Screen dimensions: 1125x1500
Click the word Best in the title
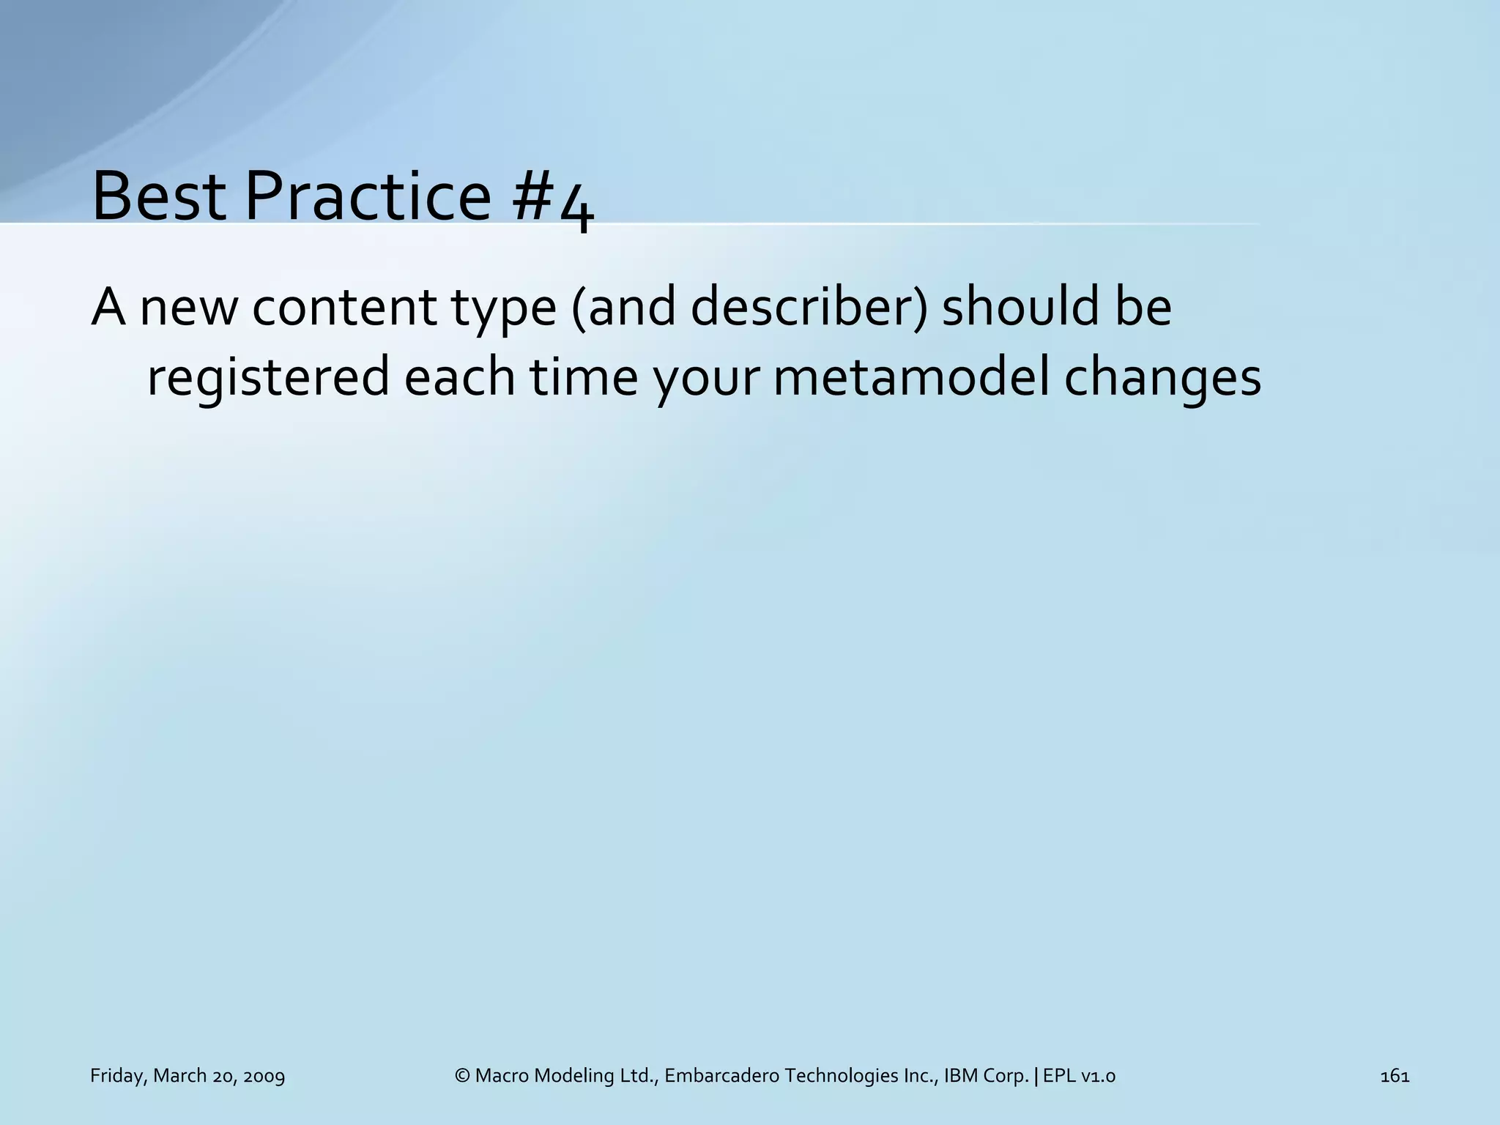158,196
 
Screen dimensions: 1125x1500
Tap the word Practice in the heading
367,196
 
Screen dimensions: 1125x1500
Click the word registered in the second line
268,379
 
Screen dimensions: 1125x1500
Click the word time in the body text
583,379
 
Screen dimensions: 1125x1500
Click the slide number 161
1395,1076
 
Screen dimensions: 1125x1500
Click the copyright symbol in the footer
462,1076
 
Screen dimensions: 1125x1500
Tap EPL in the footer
1058,1076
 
